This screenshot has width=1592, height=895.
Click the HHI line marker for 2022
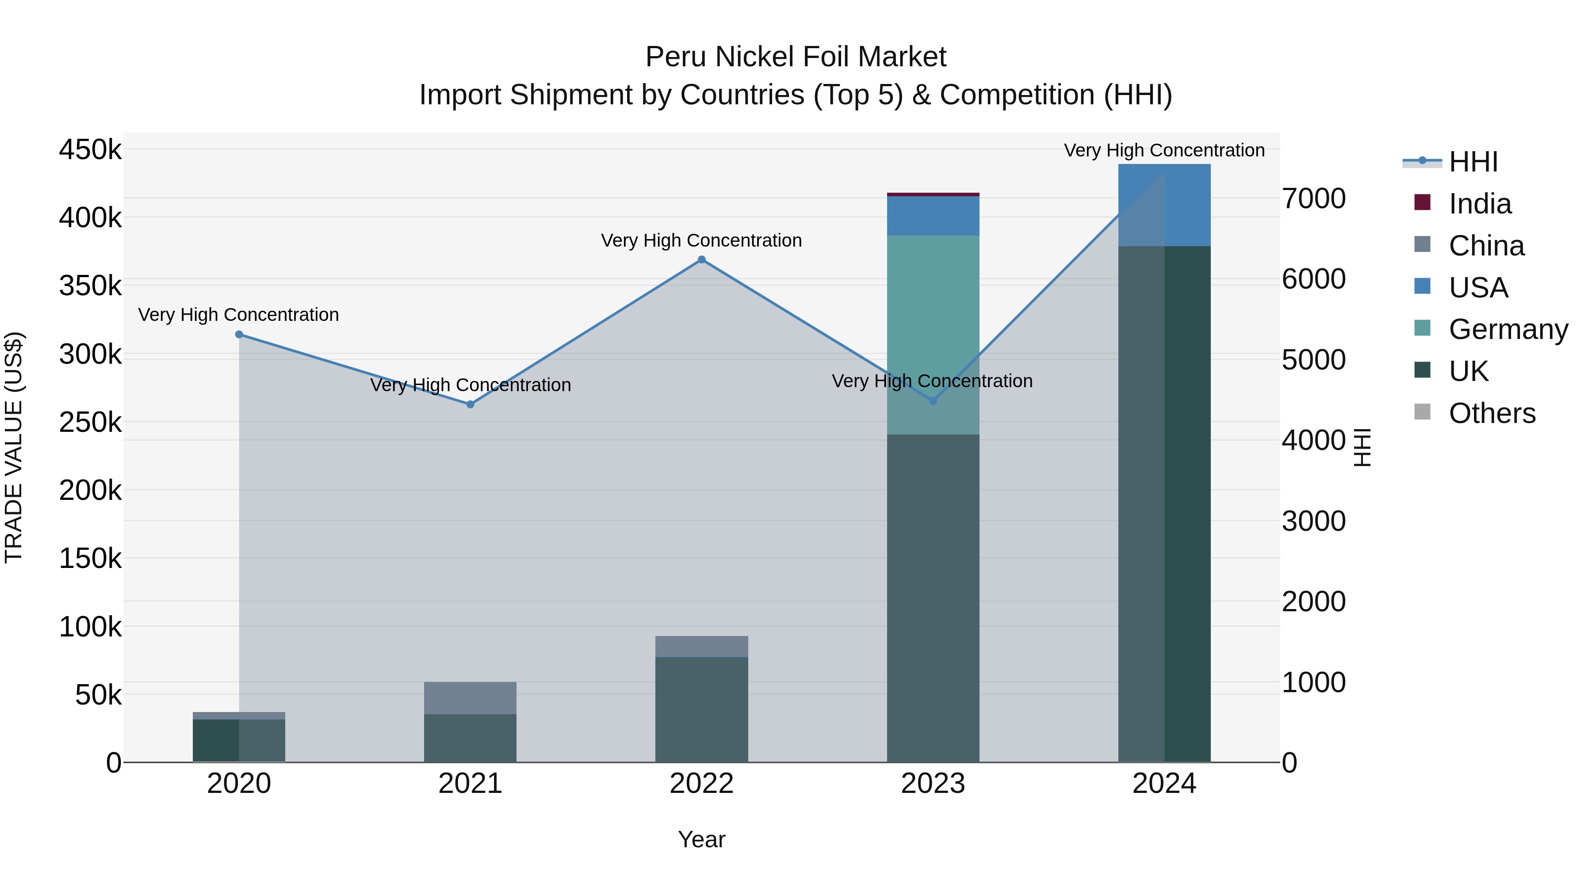click(x=701, y=259)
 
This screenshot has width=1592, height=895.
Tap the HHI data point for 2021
click(x=471, y=404)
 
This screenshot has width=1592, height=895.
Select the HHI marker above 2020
click(x=239, y=335)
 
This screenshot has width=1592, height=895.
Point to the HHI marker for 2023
click(x=933, y=401)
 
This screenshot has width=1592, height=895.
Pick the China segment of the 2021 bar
click(x=471, y=698)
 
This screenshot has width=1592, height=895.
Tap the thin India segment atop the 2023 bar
click(x=933, y=194)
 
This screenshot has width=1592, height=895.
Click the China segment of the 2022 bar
click(x=701, y=646)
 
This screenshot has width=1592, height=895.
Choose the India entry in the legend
click(x=1480, y=204)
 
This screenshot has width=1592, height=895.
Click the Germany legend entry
click(x=1508, y=329)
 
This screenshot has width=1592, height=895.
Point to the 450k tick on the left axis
click(x=90, y=149)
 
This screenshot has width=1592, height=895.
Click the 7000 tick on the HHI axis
click(x=1313, y=199)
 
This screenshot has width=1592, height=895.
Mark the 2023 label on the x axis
click(x=933, y=784)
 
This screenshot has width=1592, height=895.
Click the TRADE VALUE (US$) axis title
click(x=14, y=447)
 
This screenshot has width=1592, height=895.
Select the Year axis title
click(x=701, y=839)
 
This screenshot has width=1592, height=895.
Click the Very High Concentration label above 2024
click(x=1164, y=150)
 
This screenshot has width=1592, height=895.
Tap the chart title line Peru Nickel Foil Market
click(x=796, y=57)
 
